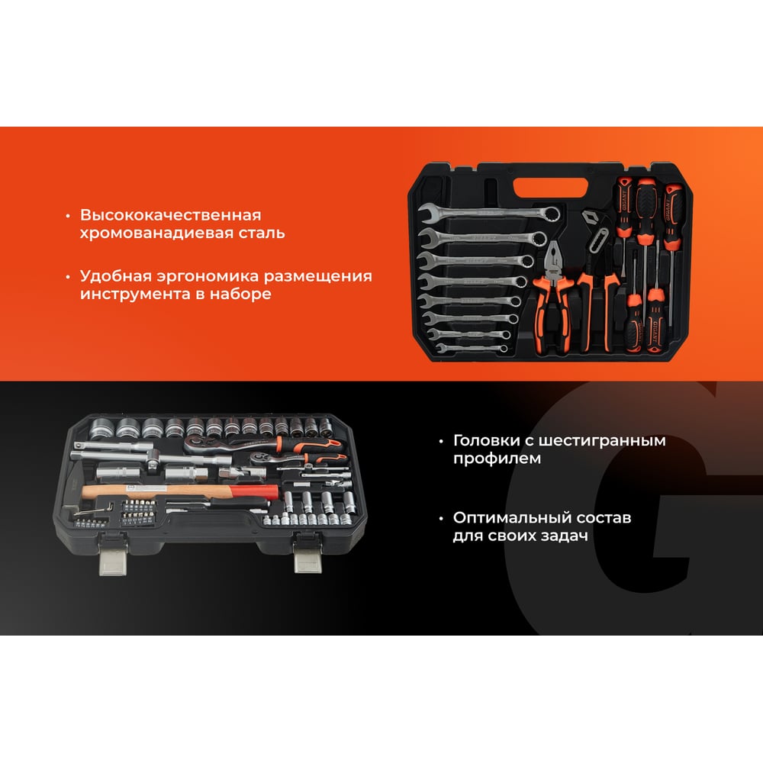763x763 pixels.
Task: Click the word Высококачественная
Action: coord(171,214)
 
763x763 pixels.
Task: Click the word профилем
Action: coord(497,459)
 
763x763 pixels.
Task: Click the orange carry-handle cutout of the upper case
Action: coord(551,188)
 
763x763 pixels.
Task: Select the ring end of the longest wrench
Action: coord(551,213)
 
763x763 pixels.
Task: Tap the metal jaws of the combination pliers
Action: coord(554,260)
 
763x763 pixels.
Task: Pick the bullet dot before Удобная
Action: coord(68,277)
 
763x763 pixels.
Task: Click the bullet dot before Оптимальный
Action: coord(441,518)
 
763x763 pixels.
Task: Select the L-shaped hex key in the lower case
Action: coord(90,511)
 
